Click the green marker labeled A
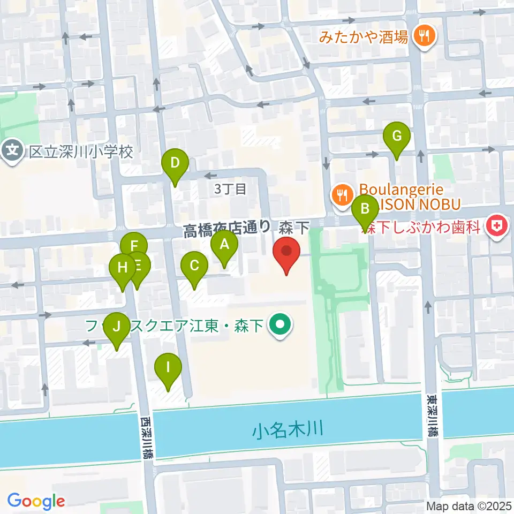(x=224, y=246)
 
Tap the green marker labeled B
(x=366, y=208)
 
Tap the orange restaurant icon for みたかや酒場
(x=425, y=36)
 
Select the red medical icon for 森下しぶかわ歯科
(x=497, y=226)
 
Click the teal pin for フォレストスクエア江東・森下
(x=279, y=324)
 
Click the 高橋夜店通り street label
(x=226, y=229)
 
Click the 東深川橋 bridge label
(x=432, y=415)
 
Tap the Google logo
(x=36, y=501)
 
